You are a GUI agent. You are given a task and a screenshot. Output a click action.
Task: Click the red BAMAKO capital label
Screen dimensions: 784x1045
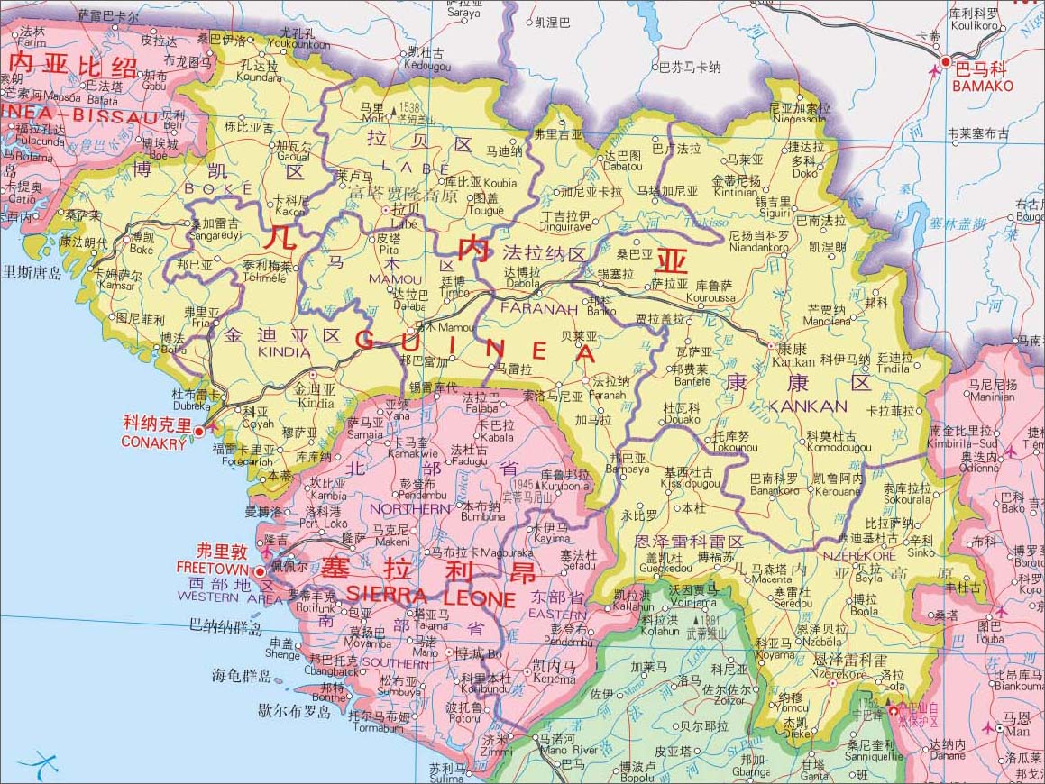(x=983, y=87)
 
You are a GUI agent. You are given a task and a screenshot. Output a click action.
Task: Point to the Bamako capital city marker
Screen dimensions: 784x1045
(x=945, y=61)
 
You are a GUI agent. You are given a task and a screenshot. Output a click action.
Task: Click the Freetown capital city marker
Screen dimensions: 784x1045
(x=261, y=571)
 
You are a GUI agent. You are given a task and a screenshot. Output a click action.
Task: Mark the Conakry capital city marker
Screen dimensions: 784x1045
(x=198, y=433)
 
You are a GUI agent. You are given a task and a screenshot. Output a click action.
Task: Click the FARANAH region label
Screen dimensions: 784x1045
(x=539, y=309)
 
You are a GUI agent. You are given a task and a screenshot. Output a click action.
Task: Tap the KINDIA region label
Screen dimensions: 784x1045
(x=284, y=352)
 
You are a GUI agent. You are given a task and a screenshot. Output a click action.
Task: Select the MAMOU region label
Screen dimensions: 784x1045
(x=395, y=279)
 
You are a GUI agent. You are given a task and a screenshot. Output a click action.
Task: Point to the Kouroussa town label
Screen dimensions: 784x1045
(x=710, y=296)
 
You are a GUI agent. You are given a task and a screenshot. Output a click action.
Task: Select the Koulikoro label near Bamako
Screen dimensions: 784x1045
(x=974, y=26)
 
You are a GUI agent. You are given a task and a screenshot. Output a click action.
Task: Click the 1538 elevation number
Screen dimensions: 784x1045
(x=408, y=107)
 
